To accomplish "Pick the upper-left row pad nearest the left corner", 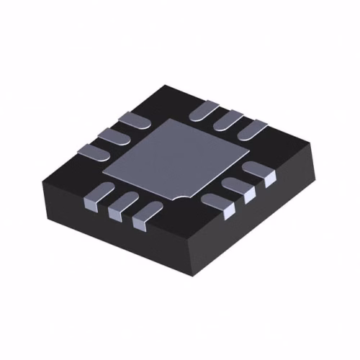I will tap(91, 151).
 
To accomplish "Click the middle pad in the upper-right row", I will tap(228, 118).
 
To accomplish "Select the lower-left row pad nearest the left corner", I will tap(99, 192).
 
